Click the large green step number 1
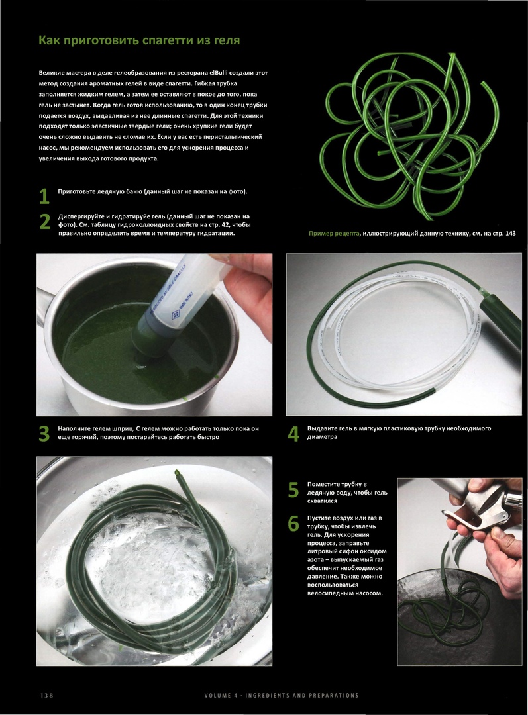tap(44, 196)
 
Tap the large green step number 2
tap(45, 222)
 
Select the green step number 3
tap(44, 434)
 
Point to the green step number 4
tap(293, 434)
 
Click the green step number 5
tap(293, 490)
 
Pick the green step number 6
tap(293, 524)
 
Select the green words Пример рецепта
tap(334, 234)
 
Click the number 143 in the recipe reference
tap(511, 234)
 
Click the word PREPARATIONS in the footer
tap(334, 695)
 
